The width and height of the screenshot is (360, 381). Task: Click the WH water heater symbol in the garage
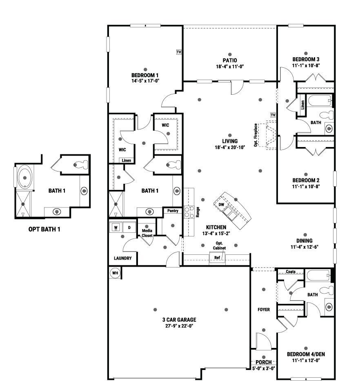point(115,273)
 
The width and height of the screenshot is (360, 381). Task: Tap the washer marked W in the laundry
point(116,227)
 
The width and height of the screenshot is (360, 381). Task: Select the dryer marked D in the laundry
point(129,227)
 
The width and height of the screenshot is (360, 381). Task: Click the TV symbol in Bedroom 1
point(179,52)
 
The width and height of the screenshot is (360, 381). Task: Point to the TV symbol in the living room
point(273,115)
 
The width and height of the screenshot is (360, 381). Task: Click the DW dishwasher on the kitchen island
point(221,205)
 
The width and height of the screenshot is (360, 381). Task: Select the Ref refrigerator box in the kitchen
point(217,258)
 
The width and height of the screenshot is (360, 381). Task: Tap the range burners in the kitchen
point(189,212)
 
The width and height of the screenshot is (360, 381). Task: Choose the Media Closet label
point(147,233)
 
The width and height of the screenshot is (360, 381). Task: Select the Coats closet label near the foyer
point(291,272)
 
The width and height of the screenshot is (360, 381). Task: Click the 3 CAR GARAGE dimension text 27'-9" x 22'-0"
point(179,326)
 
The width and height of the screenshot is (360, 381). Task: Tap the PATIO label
point(229,60)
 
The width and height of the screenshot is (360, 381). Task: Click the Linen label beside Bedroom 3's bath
point(302,105)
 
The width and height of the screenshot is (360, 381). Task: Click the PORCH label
point(263,362)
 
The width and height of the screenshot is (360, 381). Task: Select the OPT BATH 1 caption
point(44,229)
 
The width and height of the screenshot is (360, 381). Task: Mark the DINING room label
point(304,241)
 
